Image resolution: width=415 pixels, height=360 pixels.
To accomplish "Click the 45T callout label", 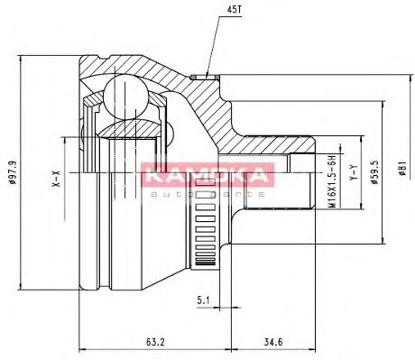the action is (x=235, y=10).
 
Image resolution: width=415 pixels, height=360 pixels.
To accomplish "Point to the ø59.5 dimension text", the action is (x=375, y=172).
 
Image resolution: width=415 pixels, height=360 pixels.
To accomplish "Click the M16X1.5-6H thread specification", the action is (x=332, y=181).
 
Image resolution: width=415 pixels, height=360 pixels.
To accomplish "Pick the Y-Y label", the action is (x=354, y=172).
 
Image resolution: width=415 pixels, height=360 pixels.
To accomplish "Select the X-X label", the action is (x=57, y=178).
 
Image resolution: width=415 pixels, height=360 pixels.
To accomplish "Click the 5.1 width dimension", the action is (x=203, y=300).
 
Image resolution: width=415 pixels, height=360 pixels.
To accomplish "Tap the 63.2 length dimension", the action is (x=155, y=342).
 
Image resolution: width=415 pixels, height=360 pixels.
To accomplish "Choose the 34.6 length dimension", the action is (x=273, y=342).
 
